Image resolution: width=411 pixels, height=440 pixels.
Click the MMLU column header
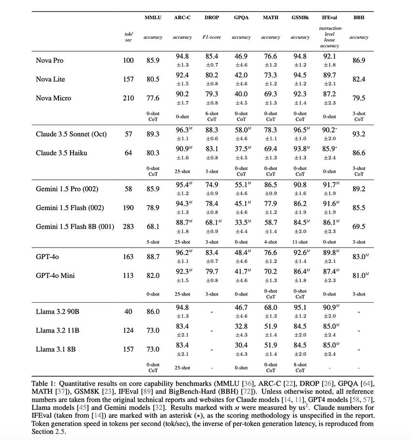153,17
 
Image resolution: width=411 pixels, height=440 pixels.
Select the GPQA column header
241,17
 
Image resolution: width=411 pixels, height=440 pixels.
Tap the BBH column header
359,17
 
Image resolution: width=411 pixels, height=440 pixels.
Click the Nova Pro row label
49,60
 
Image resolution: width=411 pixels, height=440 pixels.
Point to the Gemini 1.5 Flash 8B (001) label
75,226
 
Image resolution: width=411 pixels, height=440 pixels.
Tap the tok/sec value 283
128,226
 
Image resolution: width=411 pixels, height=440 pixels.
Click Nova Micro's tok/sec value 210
128,98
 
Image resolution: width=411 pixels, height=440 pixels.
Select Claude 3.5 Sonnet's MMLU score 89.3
153,134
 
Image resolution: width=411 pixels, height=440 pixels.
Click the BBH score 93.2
359,134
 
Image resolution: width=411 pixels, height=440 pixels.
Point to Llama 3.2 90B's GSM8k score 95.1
300,308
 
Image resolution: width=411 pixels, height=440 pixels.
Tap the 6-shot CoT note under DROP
211,117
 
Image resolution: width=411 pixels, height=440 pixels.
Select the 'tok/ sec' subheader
128,37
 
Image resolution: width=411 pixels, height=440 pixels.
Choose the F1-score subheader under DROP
211,37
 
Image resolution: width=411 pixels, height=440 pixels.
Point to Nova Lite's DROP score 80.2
211,75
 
